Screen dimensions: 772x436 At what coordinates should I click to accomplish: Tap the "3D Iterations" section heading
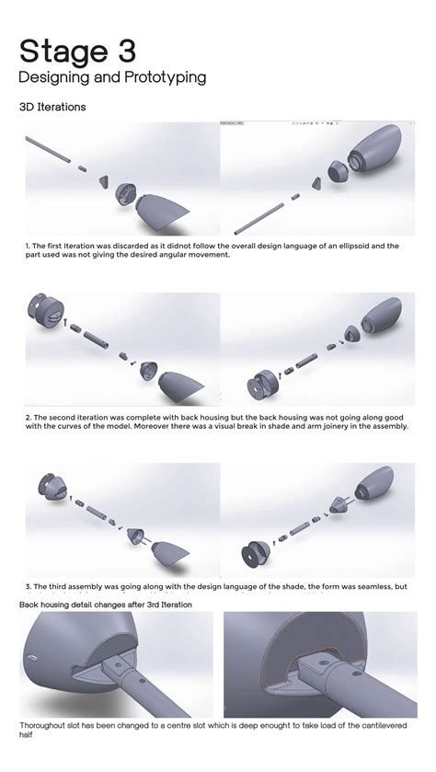click(x=52, y=107)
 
